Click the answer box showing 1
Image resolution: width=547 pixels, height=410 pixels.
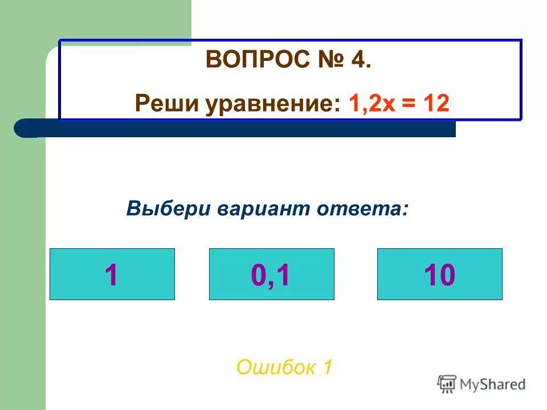pyautogui.click(x=112, y=274)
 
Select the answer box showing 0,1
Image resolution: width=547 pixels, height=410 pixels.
pyautogui.click(x=271, y=274)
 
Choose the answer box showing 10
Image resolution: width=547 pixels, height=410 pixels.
pyautogui.click(x=439, y=274)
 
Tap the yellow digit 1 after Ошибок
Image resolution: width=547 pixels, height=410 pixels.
pyautogui.click(x=326, y=367)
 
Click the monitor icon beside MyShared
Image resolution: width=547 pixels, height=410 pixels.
pyautogui.click(x=447, y=384)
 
